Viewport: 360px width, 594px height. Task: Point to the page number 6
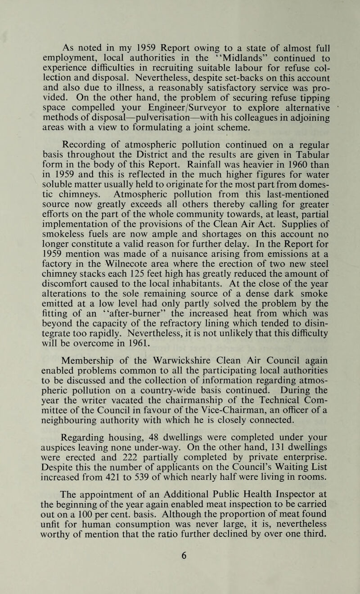coord(180,569)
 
